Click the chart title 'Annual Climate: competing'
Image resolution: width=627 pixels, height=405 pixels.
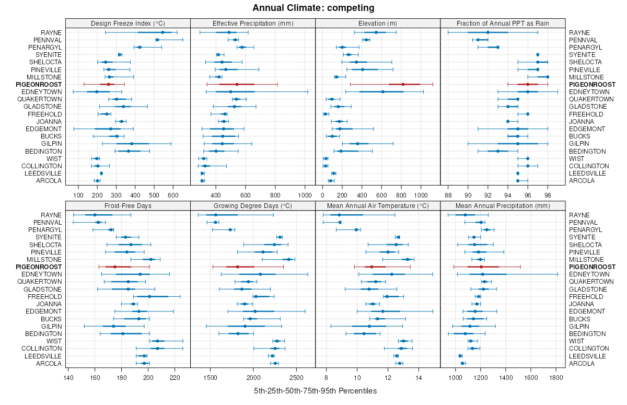pyautogui.click(x=313, y=8)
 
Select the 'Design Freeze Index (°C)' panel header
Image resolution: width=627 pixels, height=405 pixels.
pyautogui.click(x=127, y=23)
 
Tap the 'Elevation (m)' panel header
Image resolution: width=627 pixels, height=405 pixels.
pyautogui.click(x=378, y=23)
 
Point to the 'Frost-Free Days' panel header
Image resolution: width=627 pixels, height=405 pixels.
pyautogui.click(x=127, y=205)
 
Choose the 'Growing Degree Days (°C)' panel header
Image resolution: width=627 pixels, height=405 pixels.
pyautogui.click(x=253, y=205)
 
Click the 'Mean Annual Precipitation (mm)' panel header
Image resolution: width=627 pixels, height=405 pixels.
pyautogui.click(x=503, y=205)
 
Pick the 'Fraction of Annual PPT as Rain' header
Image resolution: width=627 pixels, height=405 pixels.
pyautogui.click(x=503, y=23)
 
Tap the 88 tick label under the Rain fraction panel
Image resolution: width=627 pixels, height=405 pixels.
pyautogui.click(x=448, y=195)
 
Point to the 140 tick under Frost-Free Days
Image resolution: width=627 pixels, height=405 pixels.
pyautogui.click(x=68, y=378)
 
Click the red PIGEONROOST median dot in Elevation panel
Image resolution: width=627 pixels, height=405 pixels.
pyautogui.click(x=403, y=84)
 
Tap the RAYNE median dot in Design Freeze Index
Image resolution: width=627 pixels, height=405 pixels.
pyautogui.click(x=162, y=32)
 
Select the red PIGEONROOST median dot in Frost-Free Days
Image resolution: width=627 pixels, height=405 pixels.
pyautogui.click(x=114, y=267)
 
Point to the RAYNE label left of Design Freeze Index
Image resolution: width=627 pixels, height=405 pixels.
pyautogui.click(x=51, y=32)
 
